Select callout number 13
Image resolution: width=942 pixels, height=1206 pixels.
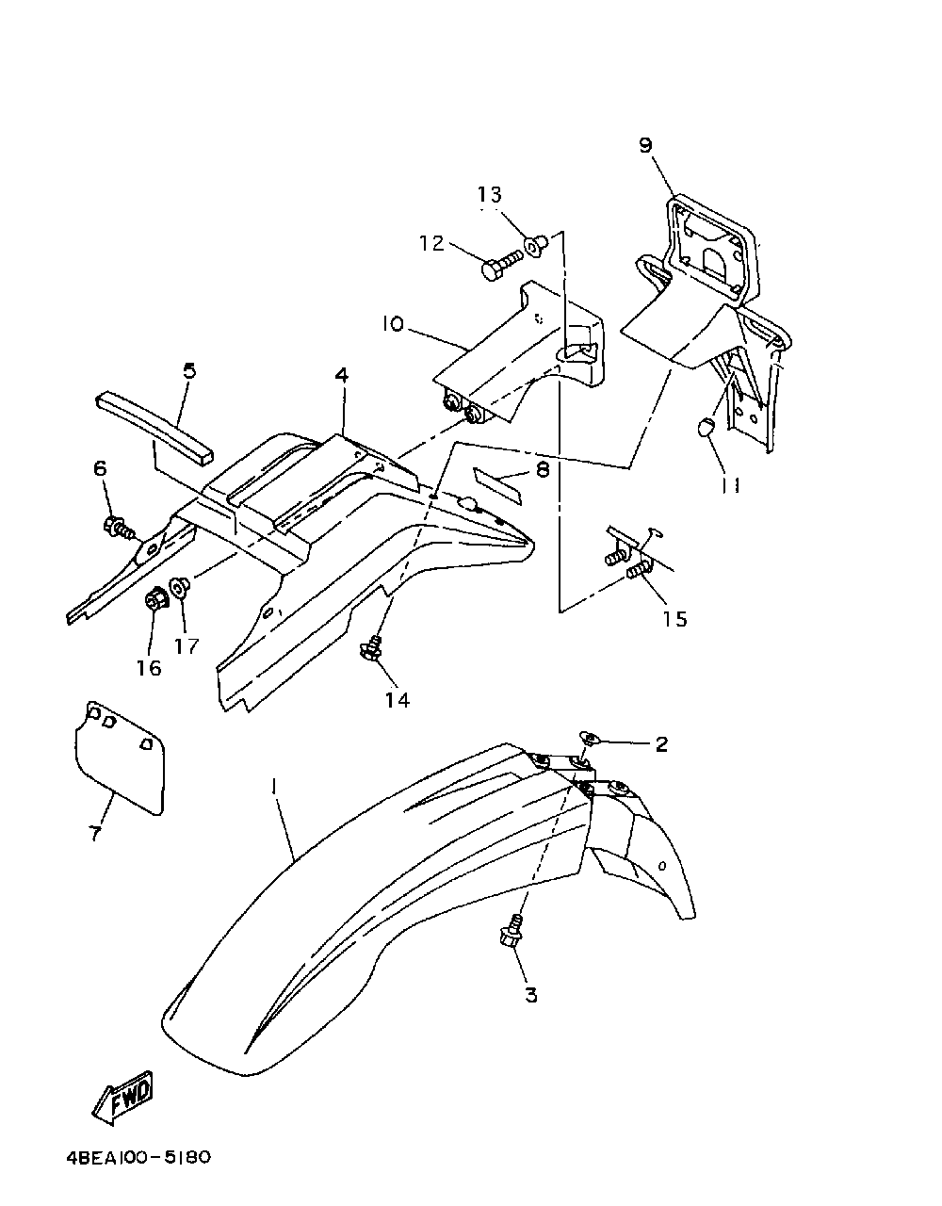pyautogui.click(x=490, y=194)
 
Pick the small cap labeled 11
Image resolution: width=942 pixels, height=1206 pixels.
pyautogui.click(x=704, y=429)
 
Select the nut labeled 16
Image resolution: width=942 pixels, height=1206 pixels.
pyautogui.click(x=155, y=598)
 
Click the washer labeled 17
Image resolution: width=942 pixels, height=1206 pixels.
pyautogui.click(x=182, y=586)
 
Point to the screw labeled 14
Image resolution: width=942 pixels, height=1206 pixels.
pyautogui.click(x=373, y=647)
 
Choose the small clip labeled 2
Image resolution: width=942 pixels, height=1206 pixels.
pyautogui.click(x=586, y=735)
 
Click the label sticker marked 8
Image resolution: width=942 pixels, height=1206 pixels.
pyautogui.click(x=497, y=483)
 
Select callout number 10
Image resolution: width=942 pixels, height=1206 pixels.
pyautogui.click(x=393, y=323)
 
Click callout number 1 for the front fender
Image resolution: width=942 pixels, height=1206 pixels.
pyautogui.click(x=273, y=785)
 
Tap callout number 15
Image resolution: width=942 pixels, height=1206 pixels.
pyautogui.click(x=674, y=619)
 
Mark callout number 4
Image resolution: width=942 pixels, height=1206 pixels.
pyautogui.click(x=341, y=375)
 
